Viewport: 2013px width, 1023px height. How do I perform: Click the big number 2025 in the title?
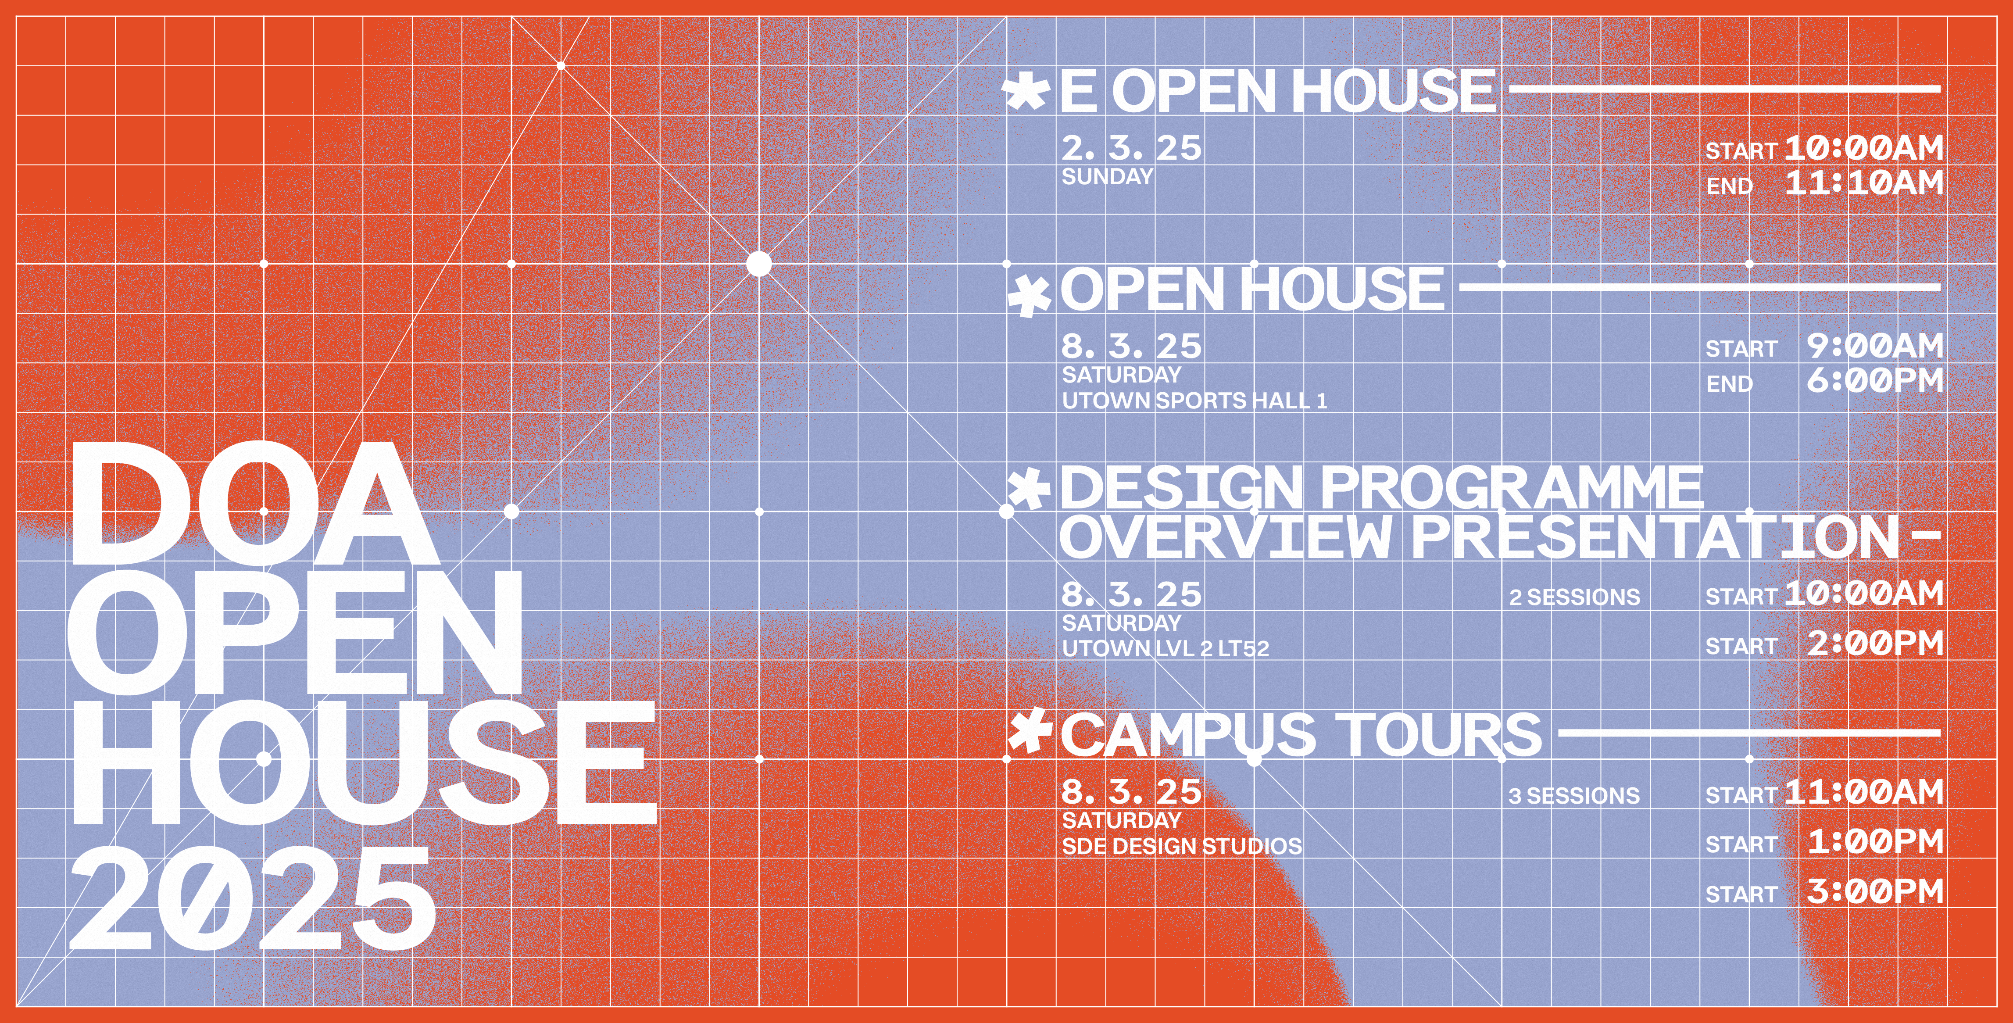click(252, 899)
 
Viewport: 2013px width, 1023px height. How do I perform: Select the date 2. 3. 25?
click(1131, 148)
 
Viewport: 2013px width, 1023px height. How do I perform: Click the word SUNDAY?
click(1107, 177)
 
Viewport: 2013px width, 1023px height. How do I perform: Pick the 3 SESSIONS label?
click(1574, 796)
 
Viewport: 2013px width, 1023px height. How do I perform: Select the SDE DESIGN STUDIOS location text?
click(1182, 846)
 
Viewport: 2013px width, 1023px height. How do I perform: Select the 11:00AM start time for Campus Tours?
click(1864, 792)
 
